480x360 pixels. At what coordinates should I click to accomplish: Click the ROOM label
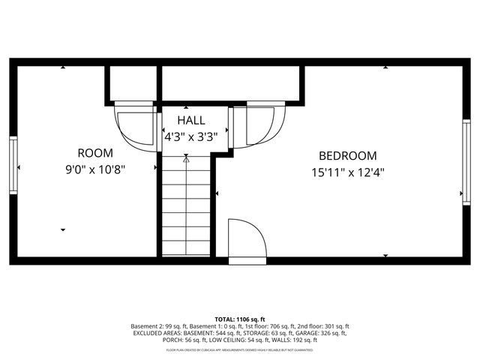click(x=95, y=152)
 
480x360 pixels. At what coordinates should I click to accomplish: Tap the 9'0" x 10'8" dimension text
click(x=95, y=169)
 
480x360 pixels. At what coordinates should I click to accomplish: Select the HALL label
click(x=190, y=121)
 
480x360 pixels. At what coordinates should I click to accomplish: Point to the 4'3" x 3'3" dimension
click(x=190, y=137)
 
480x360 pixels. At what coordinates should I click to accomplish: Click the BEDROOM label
click(x=347, y=156)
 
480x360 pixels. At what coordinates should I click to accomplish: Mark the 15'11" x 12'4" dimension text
click(x=347, y=172)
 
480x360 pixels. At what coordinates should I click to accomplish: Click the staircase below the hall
click(x=186, y=210)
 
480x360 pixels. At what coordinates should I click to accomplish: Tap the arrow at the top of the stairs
click(x=186, y=158)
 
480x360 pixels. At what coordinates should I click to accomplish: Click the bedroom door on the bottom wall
click(x=246, y=240)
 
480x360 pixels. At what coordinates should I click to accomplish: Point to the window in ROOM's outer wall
click(x=13, y=165)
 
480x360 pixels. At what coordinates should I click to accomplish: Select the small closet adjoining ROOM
click(x=130, y=82)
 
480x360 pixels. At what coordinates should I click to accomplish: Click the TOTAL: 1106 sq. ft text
click(x=240, y=319)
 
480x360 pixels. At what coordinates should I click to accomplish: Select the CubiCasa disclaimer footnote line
click(x=240, y=349)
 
